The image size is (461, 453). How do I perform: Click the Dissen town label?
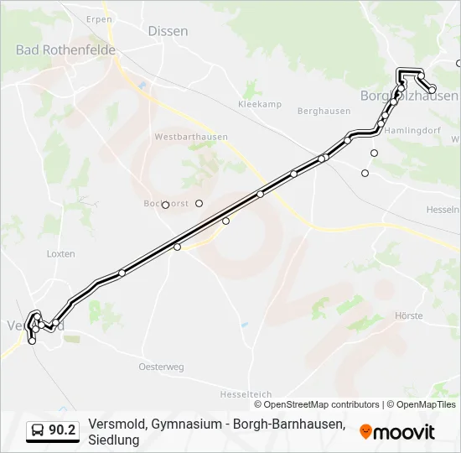pos(168,31)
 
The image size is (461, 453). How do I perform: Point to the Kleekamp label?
pos(260,105)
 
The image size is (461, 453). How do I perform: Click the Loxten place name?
pos(61,253)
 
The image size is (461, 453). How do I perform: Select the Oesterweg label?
pos(161,367)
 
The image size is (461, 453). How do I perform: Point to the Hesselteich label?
pos(246,393)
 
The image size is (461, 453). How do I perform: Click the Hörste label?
pos(408,316)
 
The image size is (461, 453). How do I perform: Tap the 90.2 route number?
pos(62,430)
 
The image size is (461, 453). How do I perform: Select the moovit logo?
pos(397,432)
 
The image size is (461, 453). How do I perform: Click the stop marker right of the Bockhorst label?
pos(199,203)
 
